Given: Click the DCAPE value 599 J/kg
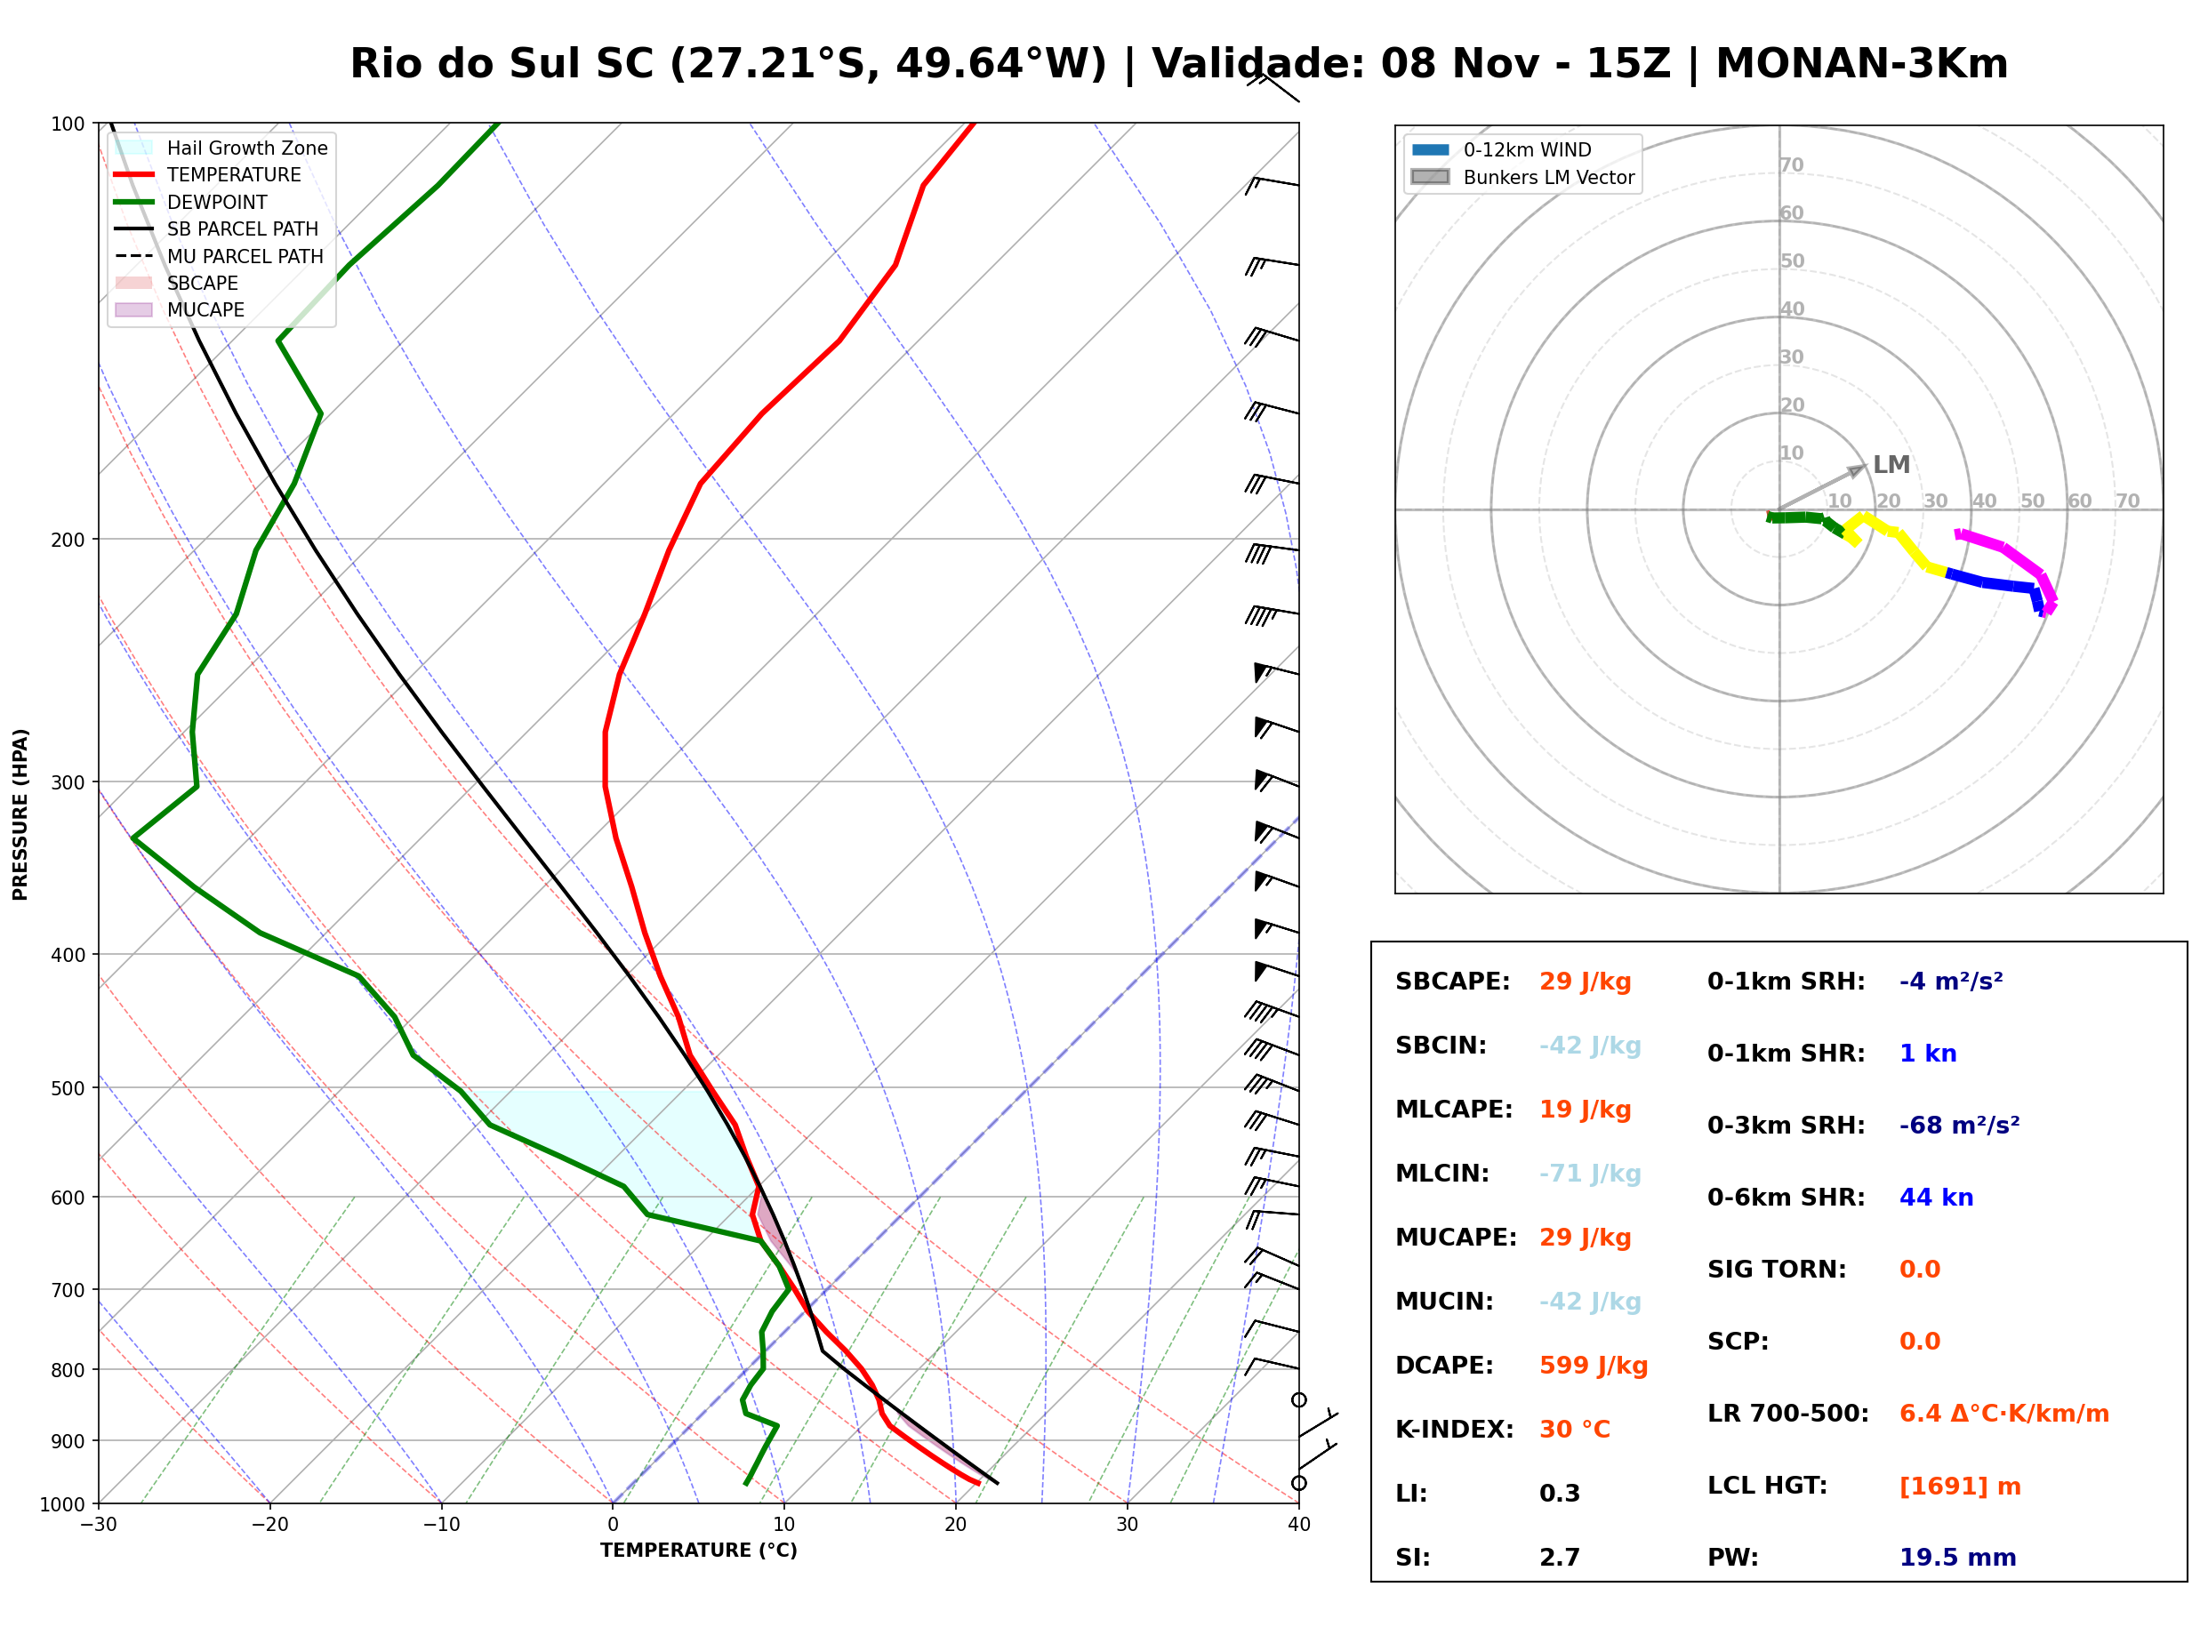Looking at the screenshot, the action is tap(1594, 1366).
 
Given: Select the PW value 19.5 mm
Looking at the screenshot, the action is tap(1958, 1558).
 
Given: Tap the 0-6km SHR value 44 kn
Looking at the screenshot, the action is tap(1936, 1198).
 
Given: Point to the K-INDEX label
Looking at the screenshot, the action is tap(1455, 1430).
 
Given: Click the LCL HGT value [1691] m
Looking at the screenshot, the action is tap(1960, 1487).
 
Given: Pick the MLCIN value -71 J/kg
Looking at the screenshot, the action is tap(1591, 1174).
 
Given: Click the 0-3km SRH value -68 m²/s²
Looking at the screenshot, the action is tap(1960, 1126).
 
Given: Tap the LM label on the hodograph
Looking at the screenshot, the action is tap(1891, 465).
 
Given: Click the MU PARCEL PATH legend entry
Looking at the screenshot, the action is tap(220, 256).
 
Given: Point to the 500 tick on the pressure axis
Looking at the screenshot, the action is tap(67, 1088).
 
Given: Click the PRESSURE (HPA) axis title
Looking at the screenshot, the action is tap(20, 814).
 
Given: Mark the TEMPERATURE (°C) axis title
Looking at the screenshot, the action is tap(699, 1551).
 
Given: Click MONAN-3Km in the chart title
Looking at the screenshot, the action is tap(1861, 64).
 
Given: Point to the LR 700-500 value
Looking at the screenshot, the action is tap(2004, 1415).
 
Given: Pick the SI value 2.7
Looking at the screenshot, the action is tap(1560, 1558).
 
